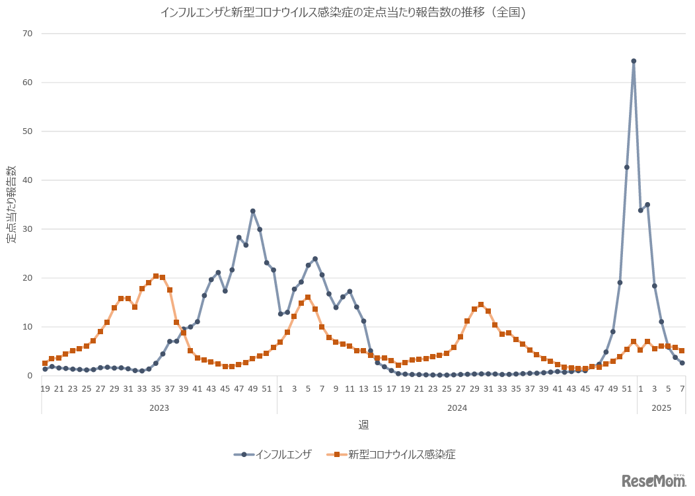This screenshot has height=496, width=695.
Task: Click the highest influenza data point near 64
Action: (x=634, y=61)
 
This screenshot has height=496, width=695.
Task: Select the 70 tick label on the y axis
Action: (x=28, y=34)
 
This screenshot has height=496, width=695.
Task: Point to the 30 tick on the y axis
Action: (x=28, y=229)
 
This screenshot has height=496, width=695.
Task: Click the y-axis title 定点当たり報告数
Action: (x=13, y=205)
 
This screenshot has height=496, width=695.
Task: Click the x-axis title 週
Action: (x=364, y=425)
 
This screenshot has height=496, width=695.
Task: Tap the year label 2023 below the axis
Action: (x=159, y=408)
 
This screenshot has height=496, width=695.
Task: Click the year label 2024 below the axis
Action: (x=457, y=408)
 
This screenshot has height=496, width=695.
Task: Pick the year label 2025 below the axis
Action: (x=661, y=408)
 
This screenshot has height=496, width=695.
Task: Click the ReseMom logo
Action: (x=653, y=481)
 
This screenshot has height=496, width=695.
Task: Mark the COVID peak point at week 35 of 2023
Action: (x=156, y=276)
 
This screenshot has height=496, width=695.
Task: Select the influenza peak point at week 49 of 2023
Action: (x=252, y=211)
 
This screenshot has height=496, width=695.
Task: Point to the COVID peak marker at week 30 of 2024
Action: (x=481, y=305)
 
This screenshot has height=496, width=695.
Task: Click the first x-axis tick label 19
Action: (x=45, y=389)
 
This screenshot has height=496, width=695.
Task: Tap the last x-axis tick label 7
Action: (x=682, y=389)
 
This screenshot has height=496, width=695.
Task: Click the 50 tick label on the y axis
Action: (x=28, y=131)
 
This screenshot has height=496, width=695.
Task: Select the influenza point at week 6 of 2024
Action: (x=315, y=259)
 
